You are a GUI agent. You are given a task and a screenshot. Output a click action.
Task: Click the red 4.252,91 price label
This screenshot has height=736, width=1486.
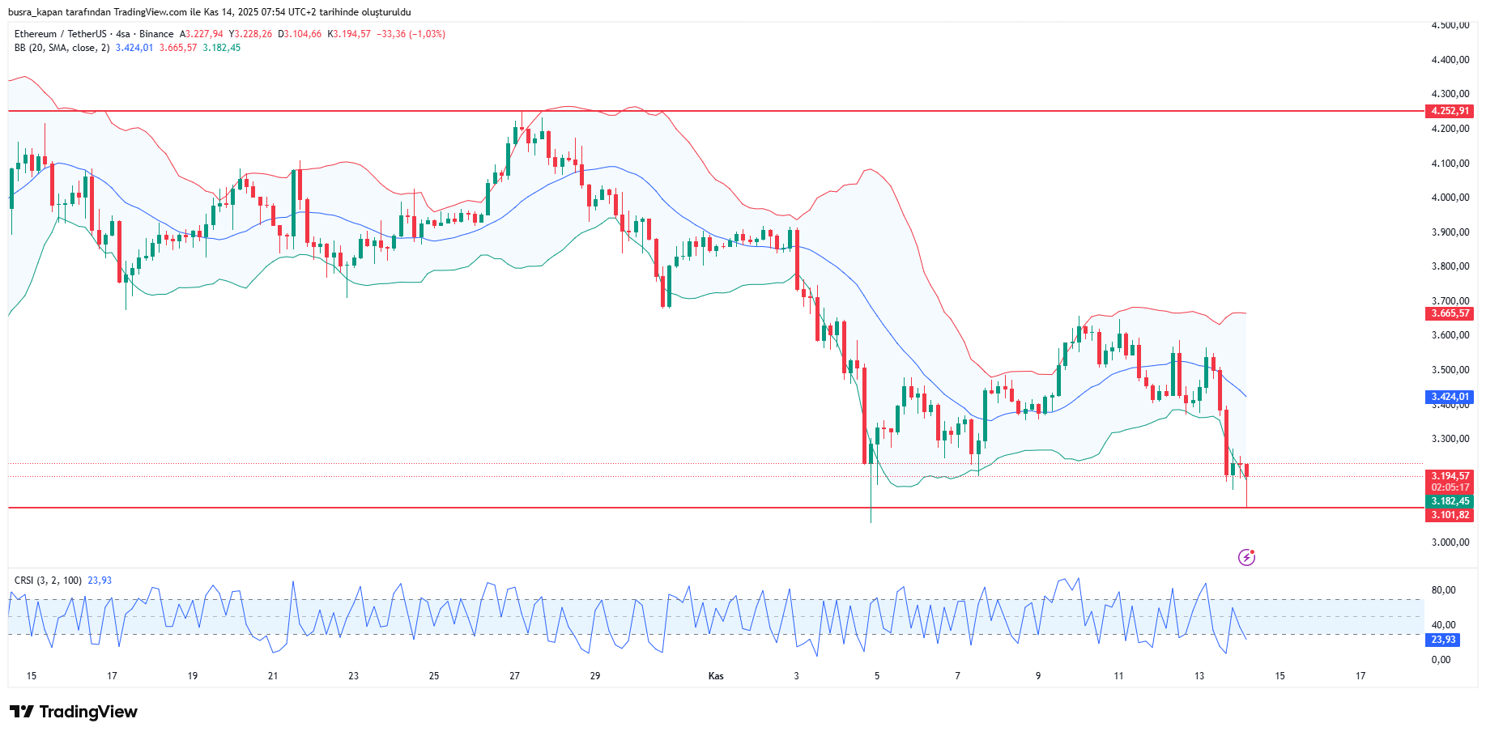pos(1450,111)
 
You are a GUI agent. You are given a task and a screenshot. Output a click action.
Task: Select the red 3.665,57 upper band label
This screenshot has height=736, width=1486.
pos(1450,313)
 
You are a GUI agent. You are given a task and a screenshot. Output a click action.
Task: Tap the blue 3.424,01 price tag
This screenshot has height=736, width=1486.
pos(1450,397)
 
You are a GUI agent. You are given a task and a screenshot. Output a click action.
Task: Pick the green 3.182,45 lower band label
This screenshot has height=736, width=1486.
pos(1450,501)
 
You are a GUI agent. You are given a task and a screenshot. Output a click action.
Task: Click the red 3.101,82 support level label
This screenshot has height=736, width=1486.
pos(1450,515)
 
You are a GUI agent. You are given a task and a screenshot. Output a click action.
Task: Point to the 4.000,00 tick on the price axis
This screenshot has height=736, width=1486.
pos(1450,198)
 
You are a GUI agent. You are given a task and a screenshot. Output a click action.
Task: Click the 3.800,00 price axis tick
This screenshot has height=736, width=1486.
pos(1450,266)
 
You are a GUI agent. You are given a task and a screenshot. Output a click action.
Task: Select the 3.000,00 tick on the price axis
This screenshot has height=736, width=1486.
pos(1450,542)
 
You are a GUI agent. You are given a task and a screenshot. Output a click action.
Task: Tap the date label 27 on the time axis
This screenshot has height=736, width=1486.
pos(514,676)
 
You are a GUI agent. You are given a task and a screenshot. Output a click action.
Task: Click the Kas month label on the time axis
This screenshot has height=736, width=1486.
pos(716,676)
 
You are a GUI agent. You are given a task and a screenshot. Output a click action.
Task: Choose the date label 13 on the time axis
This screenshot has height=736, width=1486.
pos(1199,676)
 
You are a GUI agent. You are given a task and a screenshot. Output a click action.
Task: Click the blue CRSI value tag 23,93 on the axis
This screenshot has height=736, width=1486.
pos(1443,640)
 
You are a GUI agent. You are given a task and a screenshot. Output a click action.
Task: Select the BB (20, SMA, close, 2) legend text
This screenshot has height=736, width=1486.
pos(62,48)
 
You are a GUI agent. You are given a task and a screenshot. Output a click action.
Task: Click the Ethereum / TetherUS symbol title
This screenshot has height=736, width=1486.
pos(60,34)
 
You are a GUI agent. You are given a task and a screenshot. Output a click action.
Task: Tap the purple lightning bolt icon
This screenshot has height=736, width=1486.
pos(1246,557)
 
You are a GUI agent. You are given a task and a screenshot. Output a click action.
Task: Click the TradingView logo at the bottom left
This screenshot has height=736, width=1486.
pos(74,712)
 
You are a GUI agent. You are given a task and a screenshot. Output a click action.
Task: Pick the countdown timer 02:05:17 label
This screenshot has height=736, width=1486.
pos(1450,487)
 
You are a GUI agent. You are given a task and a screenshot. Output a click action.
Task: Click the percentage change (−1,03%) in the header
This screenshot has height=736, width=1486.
pos(427,34)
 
